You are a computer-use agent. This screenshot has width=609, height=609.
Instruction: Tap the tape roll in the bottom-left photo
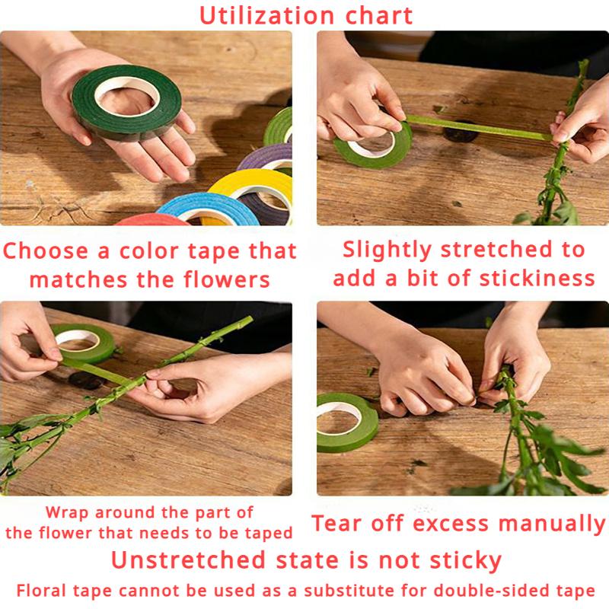click(84, 343)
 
